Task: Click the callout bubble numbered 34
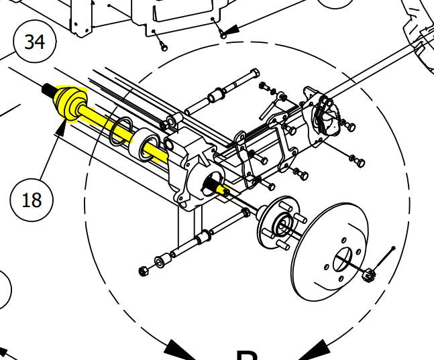point(34,42)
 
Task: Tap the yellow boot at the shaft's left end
point(68,104)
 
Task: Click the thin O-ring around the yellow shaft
point(119,131)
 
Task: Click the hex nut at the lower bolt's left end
point(143,271)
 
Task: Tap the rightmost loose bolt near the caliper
point(358,161)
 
